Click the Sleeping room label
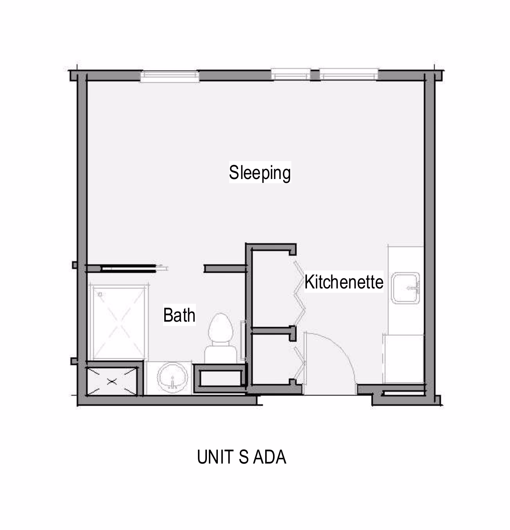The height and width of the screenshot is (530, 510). (260, 172)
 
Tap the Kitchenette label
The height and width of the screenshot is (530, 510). (344, 282)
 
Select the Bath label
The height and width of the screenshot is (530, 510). (179, 315)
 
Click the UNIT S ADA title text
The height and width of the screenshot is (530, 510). (242, 457)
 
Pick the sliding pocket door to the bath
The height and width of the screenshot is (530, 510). (128, 268)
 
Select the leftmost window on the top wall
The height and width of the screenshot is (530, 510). (170, 75)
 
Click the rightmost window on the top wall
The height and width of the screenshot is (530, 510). (348, 74)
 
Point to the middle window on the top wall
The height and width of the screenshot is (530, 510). (291, 74)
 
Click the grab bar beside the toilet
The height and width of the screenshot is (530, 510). (243, 340)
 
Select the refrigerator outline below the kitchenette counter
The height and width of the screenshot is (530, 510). (403, 359)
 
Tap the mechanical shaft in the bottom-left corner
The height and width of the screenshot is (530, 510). (112, 381)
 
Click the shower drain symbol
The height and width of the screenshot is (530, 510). (100, 294)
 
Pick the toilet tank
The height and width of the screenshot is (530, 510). (221, 355)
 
